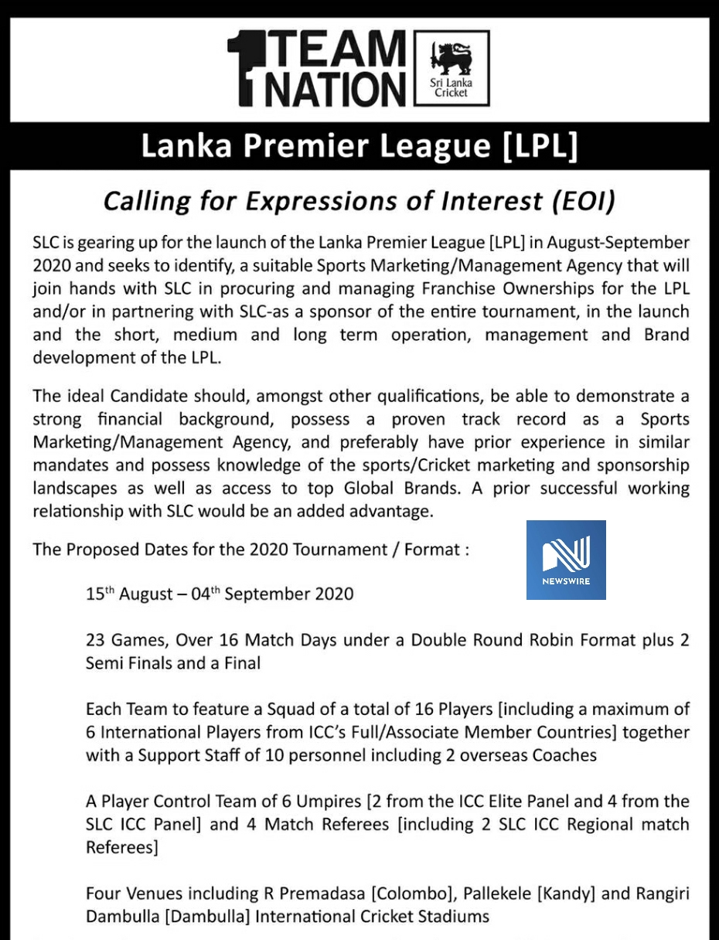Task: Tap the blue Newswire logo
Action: click(x=566, y=560)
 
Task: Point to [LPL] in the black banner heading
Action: click(x=540, y=146)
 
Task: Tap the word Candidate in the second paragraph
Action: click(x=150, y=396)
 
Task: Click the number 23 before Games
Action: click(x=96, y=640)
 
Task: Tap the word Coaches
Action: click(x=564, y=754)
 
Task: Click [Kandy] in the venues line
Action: click(x=566, y=894)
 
